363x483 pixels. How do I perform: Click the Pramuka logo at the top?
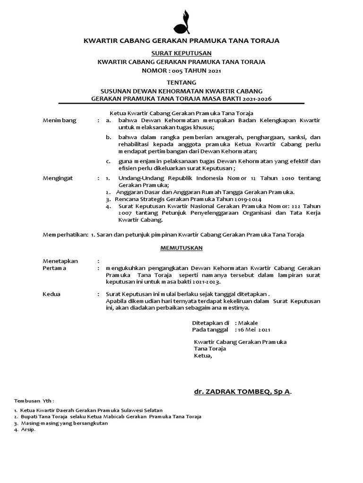[x=181, y=19]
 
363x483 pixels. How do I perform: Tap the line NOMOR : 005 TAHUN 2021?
[x=181, y=71]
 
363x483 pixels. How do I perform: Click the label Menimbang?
[x=59, y=121]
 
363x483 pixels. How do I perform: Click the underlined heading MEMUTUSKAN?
[x=181, y=247]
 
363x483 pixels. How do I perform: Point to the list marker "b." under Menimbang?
[x=108, y=137]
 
